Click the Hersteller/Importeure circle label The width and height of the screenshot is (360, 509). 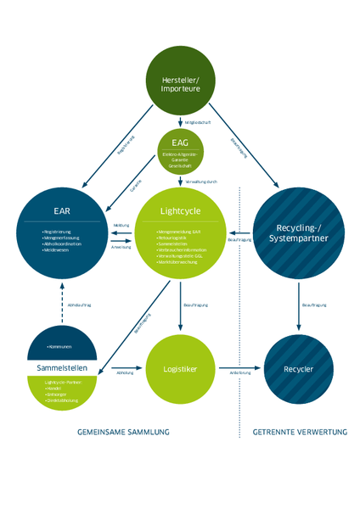point(179,84)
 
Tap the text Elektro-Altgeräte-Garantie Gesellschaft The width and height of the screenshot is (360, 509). point(179,159)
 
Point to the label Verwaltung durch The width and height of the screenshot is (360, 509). point(202,182)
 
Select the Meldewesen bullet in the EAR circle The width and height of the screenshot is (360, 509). point(58,250)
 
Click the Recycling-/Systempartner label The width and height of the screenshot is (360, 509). point(299,233)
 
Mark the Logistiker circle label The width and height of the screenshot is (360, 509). point(179,371)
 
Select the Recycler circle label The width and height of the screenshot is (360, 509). point(299,371)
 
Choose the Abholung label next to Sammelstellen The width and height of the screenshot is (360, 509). point(125,372)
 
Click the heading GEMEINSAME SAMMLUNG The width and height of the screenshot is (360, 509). point(123,432)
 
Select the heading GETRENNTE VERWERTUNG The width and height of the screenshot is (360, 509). point(300,432)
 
